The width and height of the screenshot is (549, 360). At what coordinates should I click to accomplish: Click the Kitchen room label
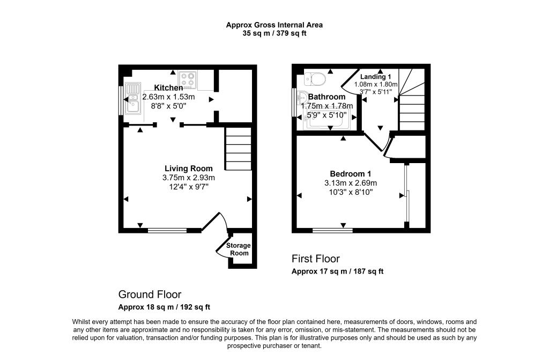[x=168, y=87]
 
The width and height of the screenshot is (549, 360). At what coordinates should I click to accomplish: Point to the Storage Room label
[x=238, y=249]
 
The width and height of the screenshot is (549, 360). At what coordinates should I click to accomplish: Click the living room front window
[x=167, y=231]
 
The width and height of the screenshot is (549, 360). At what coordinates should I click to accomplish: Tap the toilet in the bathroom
[x=314, y=79]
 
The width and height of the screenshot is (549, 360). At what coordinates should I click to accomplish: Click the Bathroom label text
[x=327, y=97]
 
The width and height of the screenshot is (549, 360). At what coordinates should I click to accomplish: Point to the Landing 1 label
[x=375, y=77]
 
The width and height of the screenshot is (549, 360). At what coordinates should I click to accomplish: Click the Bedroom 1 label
[x=350, y=173]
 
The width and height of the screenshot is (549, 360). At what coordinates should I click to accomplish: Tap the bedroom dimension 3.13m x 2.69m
[x=351, y=182]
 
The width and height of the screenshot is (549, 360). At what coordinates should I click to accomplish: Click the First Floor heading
[x=315, y=259]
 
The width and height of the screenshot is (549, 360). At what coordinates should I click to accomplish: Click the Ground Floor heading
[x=150, y=295]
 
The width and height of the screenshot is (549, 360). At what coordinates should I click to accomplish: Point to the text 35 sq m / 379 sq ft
[x=274, y=33]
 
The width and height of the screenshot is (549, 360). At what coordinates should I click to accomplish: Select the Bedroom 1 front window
[x=332, y=231]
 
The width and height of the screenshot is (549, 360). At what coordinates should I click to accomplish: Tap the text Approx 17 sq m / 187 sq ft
[x=337, y=271]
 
